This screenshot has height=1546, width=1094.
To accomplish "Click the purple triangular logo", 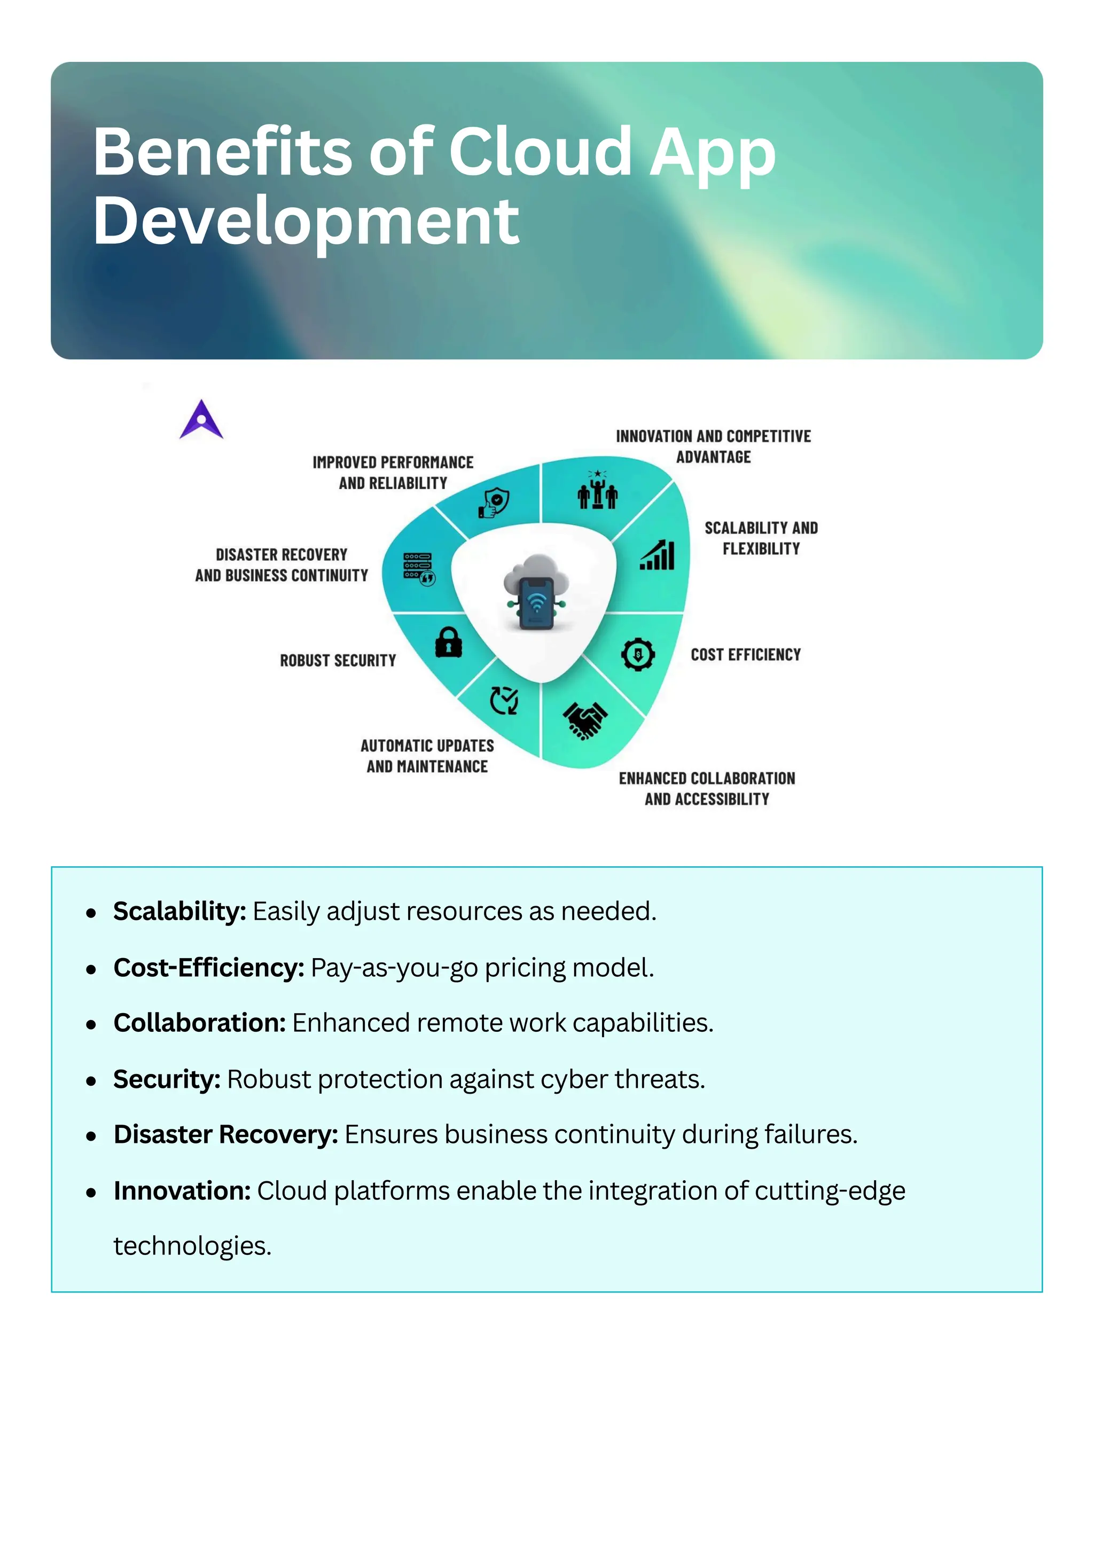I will [201, 420].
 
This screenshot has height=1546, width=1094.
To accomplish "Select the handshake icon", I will [585, 720].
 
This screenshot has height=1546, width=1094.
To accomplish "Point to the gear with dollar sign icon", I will [638, 654].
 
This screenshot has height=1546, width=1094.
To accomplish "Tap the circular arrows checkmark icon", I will [504, 700].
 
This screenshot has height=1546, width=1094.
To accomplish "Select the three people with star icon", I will [598, 490].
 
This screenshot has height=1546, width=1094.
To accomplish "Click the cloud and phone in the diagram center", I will [536, 591].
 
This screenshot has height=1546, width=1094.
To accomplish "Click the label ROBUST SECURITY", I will [338, 661].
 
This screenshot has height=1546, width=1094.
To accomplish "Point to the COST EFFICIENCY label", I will [746, 655].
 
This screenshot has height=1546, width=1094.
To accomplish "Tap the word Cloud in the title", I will [540, 152].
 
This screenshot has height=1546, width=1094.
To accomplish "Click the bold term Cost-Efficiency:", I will [209, 968].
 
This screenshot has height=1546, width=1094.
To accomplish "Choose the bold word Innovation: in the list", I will [182, 1190].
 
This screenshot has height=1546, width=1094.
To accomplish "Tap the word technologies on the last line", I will [192, 1246].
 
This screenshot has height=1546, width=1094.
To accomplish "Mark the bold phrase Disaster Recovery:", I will [225, 1135].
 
